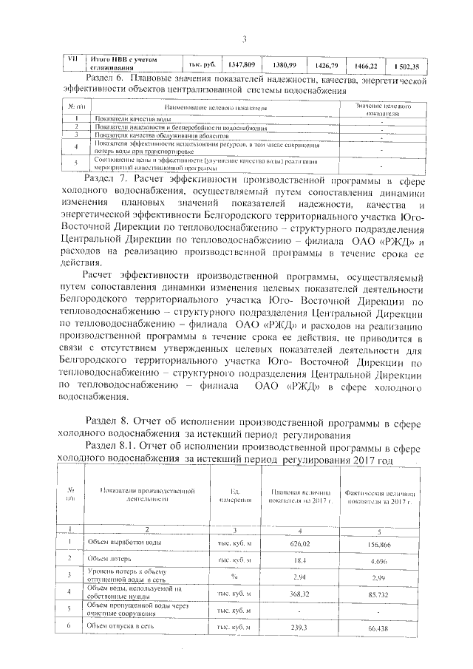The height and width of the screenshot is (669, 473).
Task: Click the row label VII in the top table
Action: [x=72, y=59]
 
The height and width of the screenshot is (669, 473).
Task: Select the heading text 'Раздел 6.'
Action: [x=109, y=78]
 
